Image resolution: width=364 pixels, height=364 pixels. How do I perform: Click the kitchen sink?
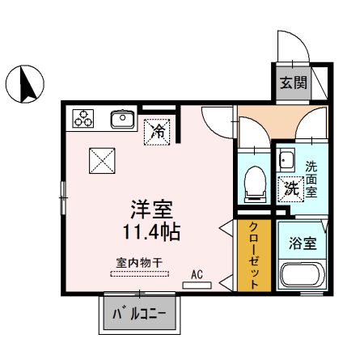[x=122, y=121]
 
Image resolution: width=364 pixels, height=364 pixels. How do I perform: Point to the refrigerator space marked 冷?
[x=159, y=129]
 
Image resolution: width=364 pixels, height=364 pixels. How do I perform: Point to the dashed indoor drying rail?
[x=139, y=274]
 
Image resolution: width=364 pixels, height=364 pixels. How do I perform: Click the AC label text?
[x=197, y=275]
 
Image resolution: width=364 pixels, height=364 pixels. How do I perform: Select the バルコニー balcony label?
[x=140, y=311]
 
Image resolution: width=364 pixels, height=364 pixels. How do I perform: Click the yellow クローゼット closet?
[x=252, y=255]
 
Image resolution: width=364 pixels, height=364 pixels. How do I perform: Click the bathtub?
[x=301, y=276]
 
